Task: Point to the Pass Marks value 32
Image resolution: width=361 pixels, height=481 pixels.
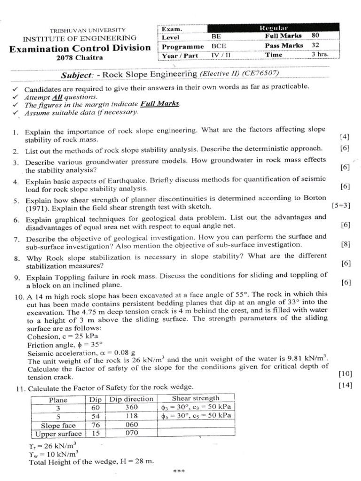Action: [315, 45]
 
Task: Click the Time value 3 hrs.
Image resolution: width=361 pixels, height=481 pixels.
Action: [319, 55]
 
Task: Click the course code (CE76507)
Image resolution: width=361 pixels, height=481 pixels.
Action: [259, 74]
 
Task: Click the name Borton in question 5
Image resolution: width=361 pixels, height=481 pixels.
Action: [314, 198]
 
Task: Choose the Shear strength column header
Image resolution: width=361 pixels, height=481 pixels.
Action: [195, 399]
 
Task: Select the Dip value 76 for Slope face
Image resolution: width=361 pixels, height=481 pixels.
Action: [95, 425]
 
